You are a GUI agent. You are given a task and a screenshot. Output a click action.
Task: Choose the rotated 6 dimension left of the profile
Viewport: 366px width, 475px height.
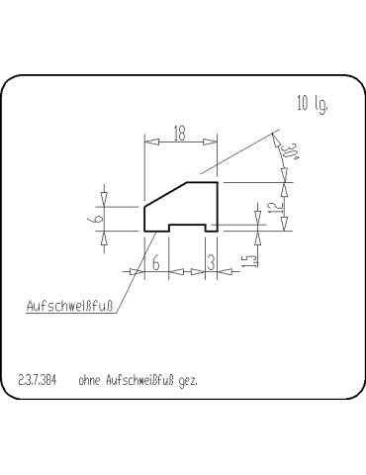click(101, 218)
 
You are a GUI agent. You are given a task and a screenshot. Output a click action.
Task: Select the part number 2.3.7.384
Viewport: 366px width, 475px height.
click(38, 379)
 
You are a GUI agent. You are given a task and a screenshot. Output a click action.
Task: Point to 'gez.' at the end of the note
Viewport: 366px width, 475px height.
click(188, 380)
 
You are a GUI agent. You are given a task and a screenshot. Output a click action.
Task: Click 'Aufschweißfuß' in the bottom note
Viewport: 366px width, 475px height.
click(138, 379)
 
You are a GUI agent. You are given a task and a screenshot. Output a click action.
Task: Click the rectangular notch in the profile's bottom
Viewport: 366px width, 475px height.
click(187, 227)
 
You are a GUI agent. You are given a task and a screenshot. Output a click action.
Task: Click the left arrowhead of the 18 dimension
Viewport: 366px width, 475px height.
click(149, 142)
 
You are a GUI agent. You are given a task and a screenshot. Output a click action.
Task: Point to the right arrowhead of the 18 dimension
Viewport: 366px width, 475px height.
click(213, 142)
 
